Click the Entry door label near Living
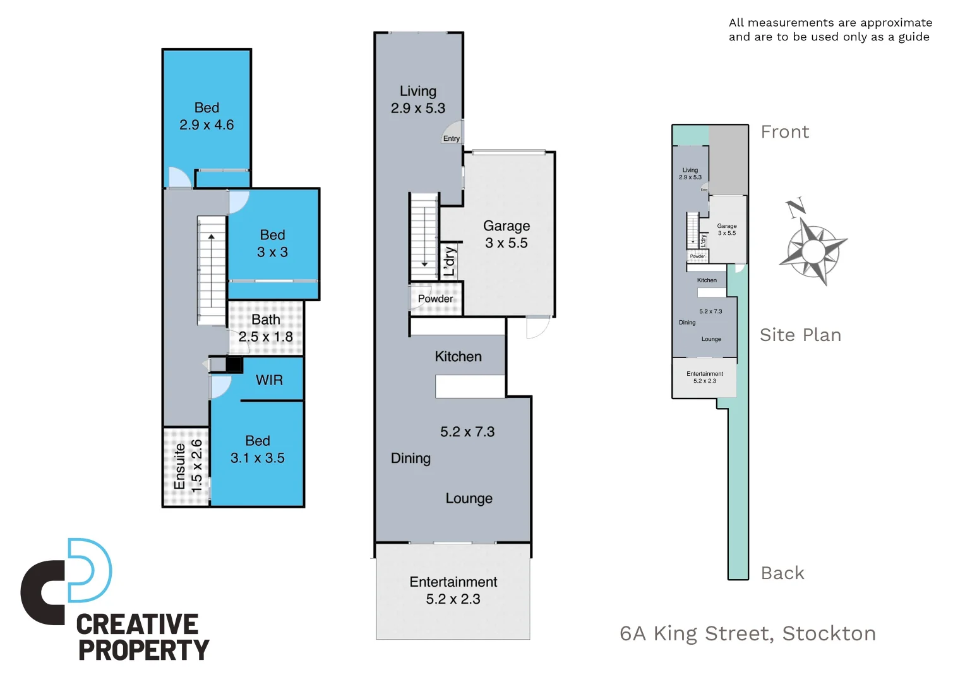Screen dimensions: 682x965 [451, 139]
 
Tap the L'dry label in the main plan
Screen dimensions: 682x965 [449, 261]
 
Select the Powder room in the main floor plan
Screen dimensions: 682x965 [435, 299]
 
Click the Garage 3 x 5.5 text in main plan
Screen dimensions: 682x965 [506, 234]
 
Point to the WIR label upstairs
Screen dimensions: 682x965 [269, 380]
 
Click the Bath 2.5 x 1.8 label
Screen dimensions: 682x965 [265, 328]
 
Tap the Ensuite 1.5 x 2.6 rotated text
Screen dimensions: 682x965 [188, 466]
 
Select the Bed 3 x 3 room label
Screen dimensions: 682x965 [272, 243]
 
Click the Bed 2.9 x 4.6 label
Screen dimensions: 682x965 [207, 116]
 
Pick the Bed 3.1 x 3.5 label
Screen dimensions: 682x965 [257, 450]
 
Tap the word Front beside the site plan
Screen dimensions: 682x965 [784, 132]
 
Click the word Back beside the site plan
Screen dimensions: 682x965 [782, 573]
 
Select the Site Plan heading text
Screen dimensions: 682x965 [800, 335]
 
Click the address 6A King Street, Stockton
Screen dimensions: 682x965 [748, 633]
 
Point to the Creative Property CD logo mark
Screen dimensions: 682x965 [66, 581]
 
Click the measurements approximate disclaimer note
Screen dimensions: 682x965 [830, 30]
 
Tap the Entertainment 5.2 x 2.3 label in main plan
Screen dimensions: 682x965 [453, 590]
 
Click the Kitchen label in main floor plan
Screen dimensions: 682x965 [458, 357]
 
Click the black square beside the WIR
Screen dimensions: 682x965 [234, 364]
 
